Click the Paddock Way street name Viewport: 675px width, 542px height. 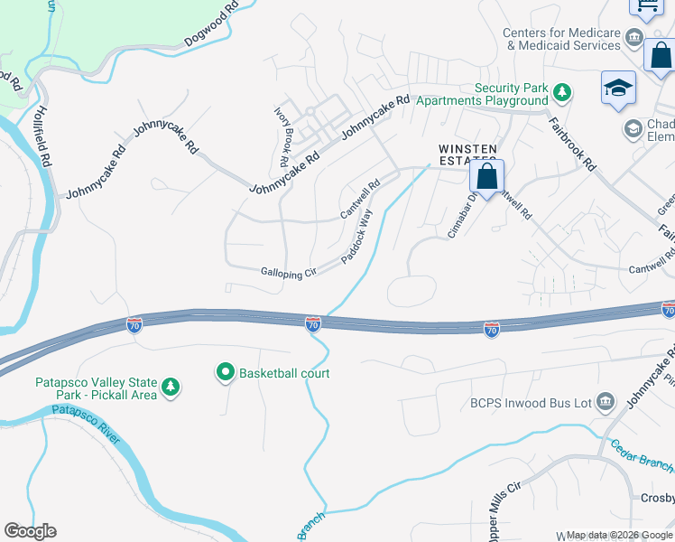[356, 238]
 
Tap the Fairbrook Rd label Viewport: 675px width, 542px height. [574, 143]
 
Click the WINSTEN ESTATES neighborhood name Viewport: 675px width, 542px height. [467, 154]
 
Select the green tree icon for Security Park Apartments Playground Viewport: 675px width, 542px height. [562, 91]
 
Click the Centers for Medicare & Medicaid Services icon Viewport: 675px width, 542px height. [634, 37]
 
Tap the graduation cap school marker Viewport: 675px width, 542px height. [619, 89]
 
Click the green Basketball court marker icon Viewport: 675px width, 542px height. [224, 371]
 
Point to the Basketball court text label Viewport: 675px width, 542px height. [283, 372]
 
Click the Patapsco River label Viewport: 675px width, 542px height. [86, 425]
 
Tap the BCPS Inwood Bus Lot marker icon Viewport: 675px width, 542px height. [606, 400]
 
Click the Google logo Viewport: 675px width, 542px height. [30, 531]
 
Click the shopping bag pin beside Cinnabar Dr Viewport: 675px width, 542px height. [487, 177]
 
